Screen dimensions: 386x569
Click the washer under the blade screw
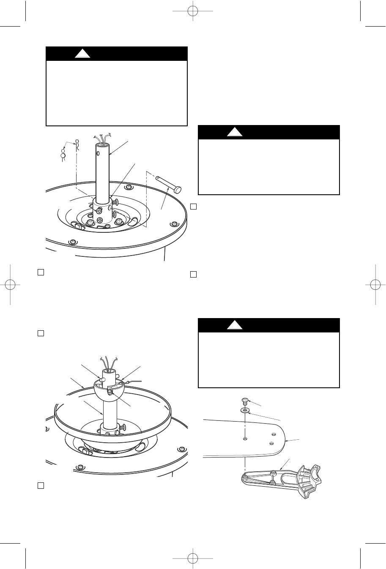point(245,410)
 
